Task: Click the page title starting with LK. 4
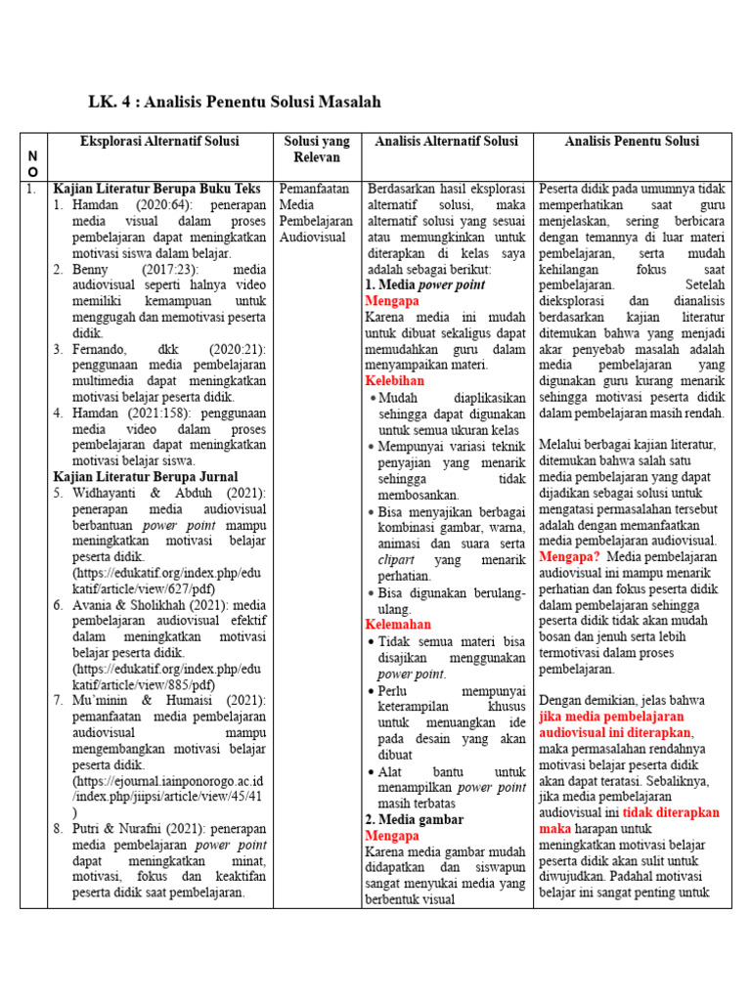coord(234,102)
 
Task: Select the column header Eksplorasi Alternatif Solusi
coord(159,142)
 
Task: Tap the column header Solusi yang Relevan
coord(316,150)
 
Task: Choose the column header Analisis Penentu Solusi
coord(631,142)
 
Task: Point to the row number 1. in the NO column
coord(32,188)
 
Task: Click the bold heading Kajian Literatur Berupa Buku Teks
coord(156,188)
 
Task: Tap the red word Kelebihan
coord(395,380)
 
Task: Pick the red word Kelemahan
coord(397,624)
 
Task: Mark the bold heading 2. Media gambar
coord(414,819)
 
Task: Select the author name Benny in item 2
coord(90,269)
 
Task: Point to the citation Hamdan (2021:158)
coord(122,413)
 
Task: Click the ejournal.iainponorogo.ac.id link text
coord(167,782)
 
